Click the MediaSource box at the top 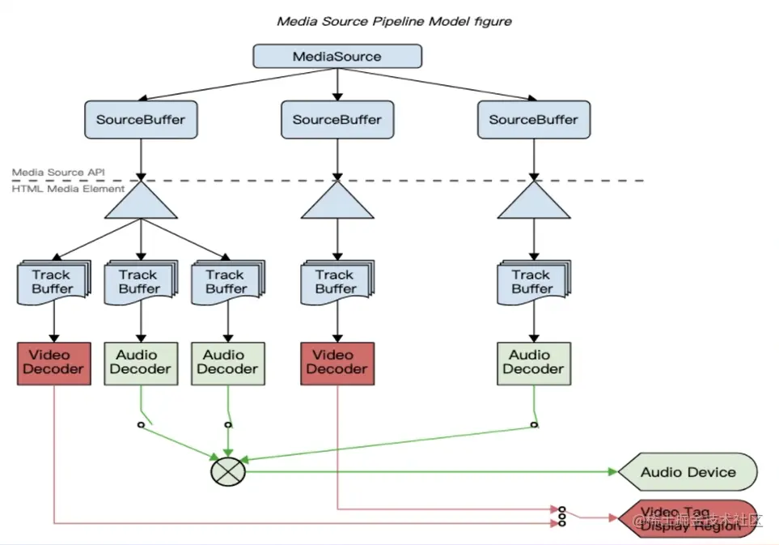coord(337,57)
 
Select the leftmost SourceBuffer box coord(141,120)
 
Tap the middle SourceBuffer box coord(337,120)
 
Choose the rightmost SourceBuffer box coord(533,120)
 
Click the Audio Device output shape coord(688,472)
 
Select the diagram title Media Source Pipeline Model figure coord(394,21)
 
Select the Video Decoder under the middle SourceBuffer coord(337,362)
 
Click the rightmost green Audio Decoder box coord(533,362)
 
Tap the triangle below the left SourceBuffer coord(141,202)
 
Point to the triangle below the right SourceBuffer coord(533,202)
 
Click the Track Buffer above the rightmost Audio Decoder coord(532,282)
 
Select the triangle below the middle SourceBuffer coord(337,202)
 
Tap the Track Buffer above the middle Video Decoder coord(336,282)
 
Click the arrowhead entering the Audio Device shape coord(612,471)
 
